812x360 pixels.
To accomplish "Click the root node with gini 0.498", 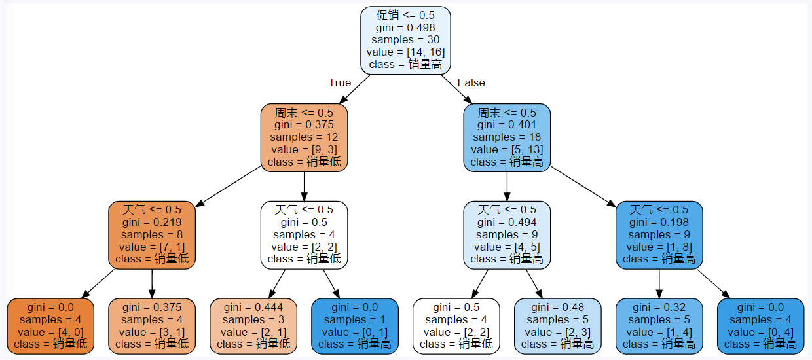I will coord(405,40).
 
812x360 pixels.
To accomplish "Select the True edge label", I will coord(339,82).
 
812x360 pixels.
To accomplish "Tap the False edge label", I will coord(471,82).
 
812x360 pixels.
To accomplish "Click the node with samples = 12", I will coord(304,137).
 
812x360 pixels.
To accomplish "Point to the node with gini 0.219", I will coord(151,234).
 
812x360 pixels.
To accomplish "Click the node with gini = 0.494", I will coord(507,234).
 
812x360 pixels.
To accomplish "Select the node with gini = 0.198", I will coord(659,234).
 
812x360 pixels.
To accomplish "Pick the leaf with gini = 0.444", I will coord(253,326).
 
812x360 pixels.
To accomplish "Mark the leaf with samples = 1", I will coord(354,326).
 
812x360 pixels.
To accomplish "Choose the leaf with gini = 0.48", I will coord(557,326).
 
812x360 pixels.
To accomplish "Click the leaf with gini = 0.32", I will coord(659,326).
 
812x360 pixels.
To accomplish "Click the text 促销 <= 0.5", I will coord(405,15).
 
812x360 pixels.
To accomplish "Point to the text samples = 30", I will coord(405,40).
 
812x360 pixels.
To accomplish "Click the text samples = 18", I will coord(507,137).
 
